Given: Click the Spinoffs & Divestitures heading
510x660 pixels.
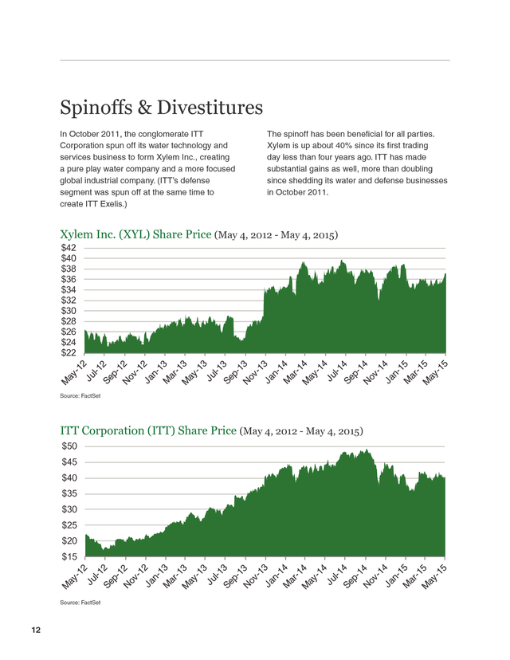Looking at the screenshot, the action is (161, 107).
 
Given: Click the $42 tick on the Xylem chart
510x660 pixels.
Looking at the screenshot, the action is (69, 247).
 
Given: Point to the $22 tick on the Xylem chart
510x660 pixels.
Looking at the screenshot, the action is (69, 353).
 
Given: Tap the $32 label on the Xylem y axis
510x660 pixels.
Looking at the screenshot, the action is (69, 301).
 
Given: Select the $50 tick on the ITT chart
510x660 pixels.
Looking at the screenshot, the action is (69, 446).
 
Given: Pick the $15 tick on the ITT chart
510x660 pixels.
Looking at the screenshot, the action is (69, 556).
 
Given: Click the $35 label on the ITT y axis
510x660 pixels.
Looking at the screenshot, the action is (69, 493).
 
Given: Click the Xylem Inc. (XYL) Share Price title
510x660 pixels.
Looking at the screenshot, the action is (135, 234).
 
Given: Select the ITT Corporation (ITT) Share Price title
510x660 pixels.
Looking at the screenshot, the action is (148, 430).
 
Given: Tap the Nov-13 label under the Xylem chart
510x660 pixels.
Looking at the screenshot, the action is (255, 372).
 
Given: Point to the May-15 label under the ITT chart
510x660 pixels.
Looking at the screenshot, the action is (434, 577).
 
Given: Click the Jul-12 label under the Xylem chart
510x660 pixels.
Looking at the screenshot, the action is (96, 371).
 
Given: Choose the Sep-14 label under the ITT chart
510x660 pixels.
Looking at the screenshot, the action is (355, 577).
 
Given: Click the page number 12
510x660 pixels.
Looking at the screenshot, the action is (36, 631).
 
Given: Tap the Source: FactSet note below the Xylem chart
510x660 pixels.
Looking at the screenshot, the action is (80, 395).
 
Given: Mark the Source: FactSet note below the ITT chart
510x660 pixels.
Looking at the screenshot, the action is (80, 603).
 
